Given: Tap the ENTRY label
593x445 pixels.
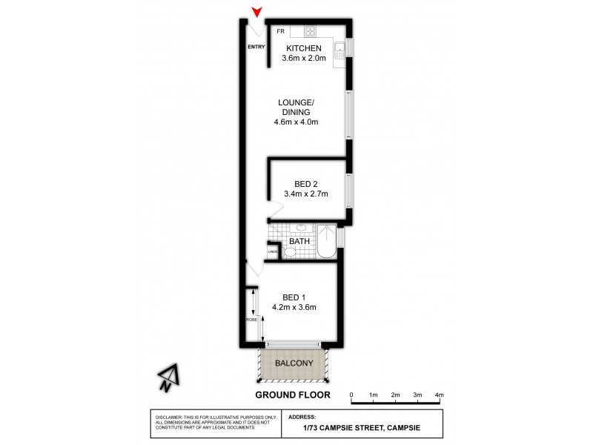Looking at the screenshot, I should pos(256,47).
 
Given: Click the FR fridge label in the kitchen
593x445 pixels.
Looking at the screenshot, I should pos(281,31).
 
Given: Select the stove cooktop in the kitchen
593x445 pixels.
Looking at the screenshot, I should pos(311,31).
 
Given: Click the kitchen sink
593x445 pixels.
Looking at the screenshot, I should pos(339,50).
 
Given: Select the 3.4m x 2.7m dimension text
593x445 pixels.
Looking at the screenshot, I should pos(305,194).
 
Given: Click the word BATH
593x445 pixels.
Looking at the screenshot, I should pos(299,241).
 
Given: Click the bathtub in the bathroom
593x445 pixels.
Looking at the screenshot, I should pos(326,243).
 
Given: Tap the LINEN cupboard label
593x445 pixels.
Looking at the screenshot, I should pos(273,252).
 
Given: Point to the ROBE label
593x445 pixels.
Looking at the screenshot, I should pos(252,320).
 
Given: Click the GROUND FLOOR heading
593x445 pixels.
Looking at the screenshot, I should pos(293,395).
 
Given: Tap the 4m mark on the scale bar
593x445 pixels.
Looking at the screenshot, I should pos(439,395).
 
